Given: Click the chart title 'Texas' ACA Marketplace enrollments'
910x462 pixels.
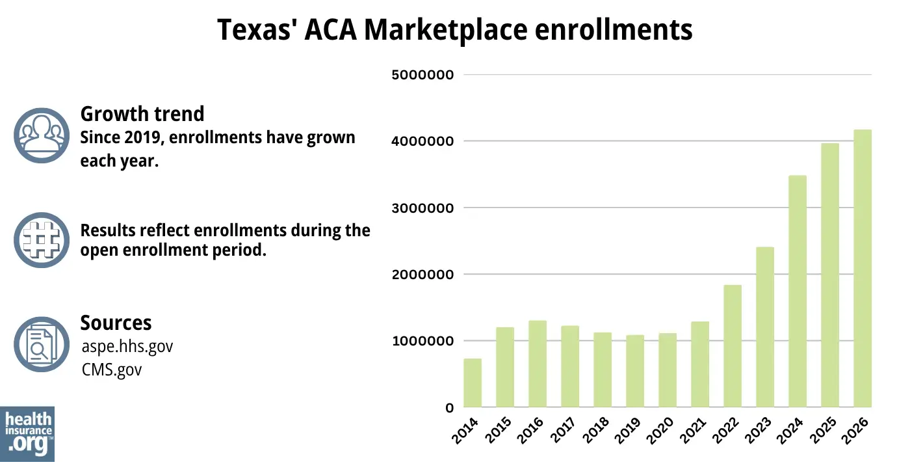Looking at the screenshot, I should click(x=454, y=31).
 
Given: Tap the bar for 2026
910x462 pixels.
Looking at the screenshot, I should click(x=863, y=268).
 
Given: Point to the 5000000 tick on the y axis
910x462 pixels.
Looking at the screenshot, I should click(x=421, y=75).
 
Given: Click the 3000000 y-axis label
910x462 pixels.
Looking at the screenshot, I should click(x=421, y=208).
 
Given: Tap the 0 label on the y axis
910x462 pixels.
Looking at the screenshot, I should click(x=448, y=408).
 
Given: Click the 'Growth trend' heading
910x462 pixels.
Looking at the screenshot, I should click(x=142, y=114).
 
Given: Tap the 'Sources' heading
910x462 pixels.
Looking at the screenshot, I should click(x=116, y=323).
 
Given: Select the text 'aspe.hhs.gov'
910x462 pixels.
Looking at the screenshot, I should click(x=127, y=346).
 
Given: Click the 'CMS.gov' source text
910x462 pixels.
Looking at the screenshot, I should click(x=112, y=370).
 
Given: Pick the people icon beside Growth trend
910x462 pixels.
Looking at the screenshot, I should click(x=42, y=135).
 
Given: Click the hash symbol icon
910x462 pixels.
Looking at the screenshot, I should click(x=42, y=239).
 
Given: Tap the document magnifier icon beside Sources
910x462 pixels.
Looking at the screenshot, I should click(x=42, y=344).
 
